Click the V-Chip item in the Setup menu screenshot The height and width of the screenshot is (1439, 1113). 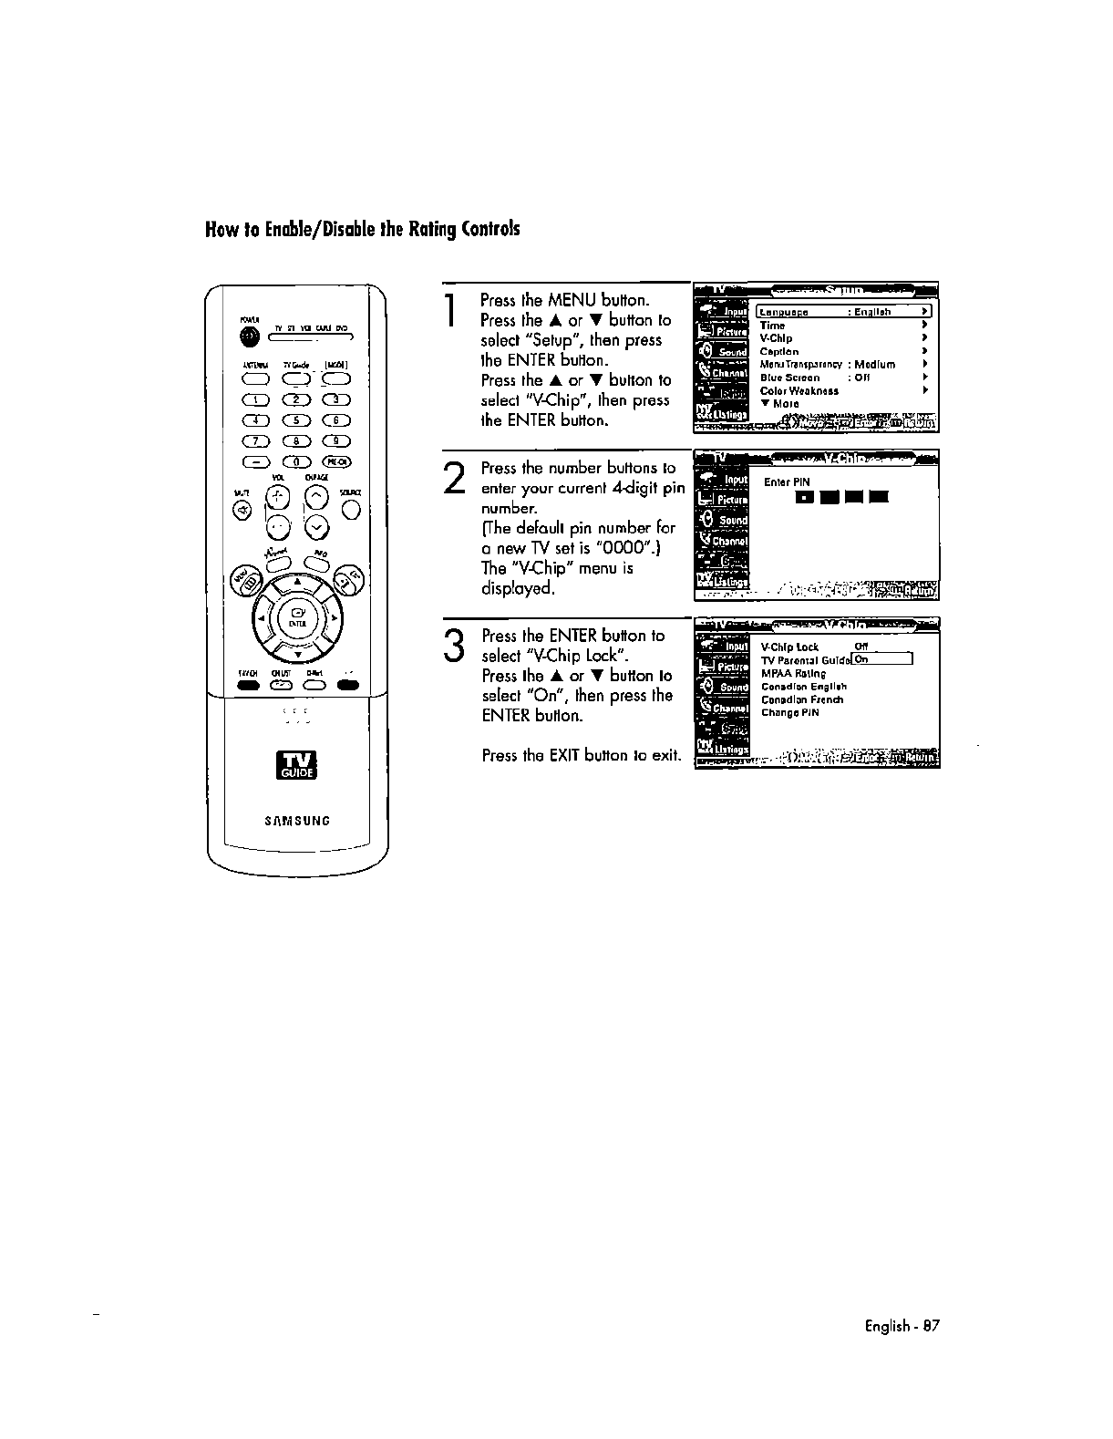(776, 338)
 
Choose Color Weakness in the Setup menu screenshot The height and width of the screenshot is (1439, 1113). (799, 390)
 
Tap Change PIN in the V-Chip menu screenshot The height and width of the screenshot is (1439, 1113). (789, 713)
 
